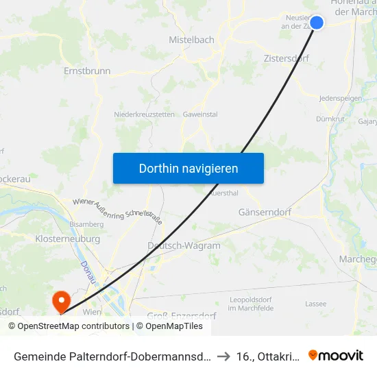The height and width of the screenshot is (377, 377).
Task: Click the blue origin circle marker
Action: pos(317,23)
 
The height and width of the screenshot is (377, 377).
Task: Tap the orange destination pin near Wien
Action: pos(61,300)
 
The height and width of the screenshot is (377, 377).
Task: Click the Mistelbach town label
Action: pos(191,40)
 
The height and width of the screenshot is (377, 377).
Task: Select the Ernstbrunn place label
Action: pos(87,71)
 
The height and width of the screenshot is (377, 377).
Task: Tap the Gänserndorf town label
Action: pos(265,212)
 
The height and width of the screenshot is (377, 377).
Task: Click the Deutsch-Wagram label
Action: pos(184,245)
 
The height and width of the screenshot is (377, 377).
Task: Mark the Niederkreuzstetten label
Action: pos(144,114)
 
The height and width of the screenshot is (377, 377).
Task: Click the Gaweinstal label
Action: pos(200,114)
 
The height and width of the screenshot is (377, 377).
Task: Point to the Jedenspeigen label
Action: pos(341,99)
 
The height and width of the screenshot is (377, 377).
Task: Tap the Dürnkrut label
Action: pos(330,118)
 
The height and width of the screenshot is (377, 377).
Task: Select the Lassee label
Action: pos(316,303)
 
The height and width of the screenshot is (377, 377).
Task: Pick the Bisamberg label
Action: pos(86,224)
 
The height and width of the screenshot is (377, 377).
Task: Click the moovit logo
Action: pos(336,355)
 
